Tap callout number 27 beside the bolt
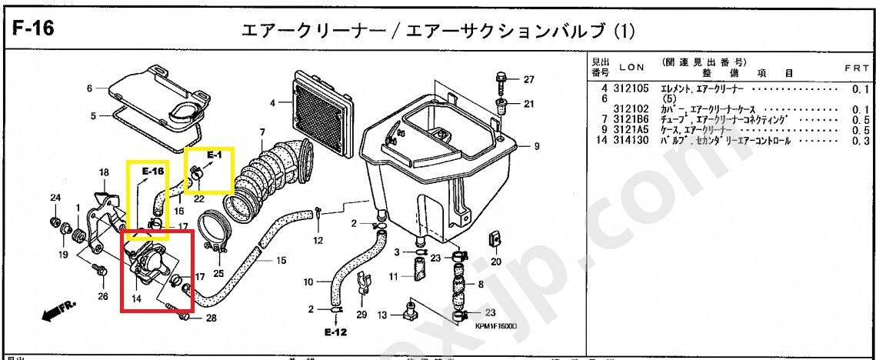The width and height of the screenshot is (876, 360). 528,79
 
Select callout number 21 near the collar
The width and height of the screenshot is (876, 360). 528,104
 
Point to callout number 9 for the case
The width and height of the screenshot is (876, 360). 536,146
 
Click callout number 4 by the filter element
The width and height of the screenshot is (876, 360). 272,102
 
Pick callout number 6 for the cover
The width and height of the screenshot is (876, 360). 89,88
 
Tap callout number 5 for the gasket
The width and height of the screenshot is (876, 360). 93,116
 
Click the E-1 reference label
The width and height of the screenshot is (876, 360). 214,155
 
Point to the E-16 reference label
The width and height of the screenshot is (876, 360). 154,171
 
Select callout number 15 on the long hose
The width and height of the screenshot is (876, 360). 281,260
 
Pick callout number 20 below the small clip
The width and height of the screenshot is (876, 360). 496,262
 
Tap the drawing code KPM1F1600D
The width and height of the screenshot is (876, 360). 495,325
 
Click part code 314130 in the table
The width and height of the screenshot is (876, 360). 632,140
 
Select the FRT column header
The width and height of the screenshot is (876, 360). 857,68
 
